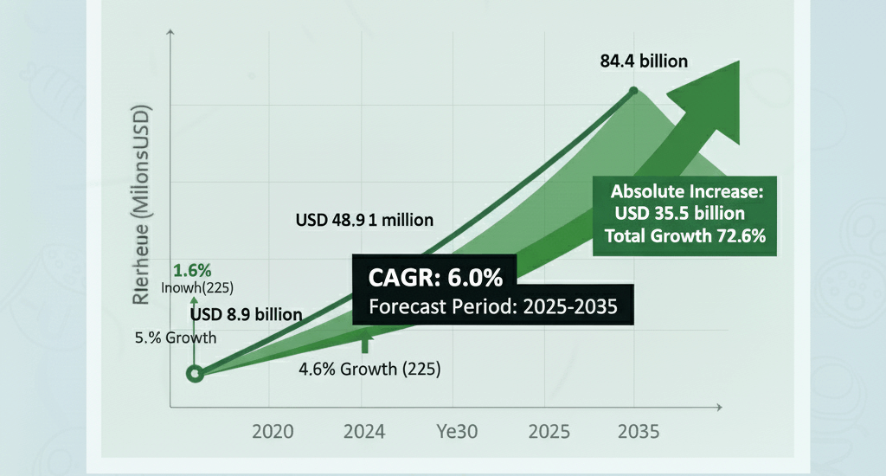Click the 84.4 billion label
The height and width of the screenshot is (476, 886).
(644, 61)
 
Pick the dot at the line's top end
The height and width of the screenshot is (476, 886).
(634, 90)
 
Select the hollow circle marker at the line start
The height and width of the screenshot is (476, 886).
(196, 374)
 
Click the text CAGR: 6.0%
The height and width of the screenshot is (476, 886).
(430, 278)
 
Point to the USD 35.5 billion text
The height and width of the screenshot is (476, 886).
(680, 214)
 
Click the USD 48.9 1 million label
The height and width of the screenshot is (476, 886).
(363, 220)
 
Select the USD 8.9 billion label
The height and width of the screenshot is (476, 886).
(247, 314)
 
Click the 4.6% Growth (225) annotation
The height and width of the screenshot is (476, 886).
(369, 370)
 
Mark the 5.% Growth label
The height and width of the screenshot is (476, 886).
(176, 338)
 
